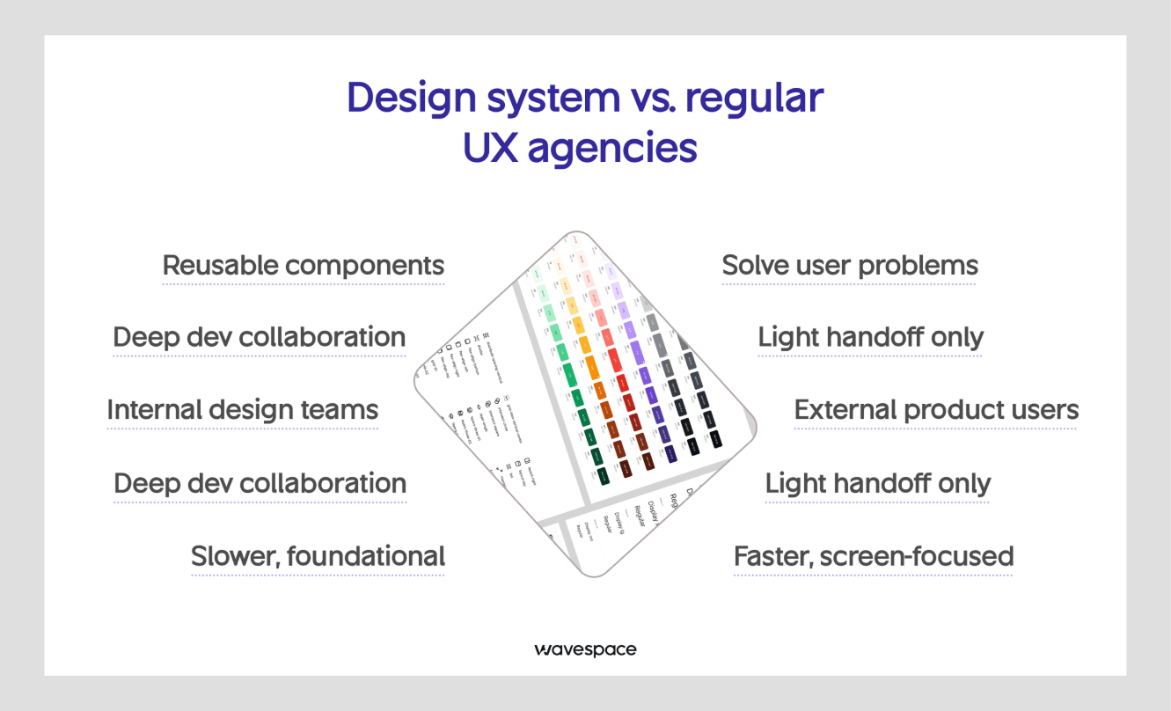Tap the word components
(x=372, y=267)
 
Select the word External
(x=845, y=410)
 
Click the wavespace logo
(x=585, y=650)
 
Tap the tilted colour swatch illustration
(x=585, y=405)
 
